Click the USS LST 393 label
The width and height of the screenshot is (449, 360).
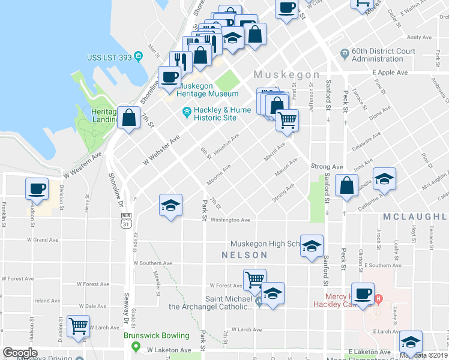click(x=109, y=57)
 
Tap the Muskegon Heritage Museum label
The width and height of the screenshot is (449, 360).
click(x=208, y=94)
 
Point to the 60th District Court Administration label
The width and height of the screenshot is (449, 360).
click(x=377, y=55)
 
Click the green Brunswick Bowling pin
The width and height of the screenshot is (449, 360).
click(x=136, y=347)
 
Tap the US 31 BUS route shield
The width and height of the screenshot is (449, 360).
click(x=125, y=220)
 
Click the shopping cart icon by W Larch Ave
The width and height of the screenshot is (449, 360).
click(x=79, y=326)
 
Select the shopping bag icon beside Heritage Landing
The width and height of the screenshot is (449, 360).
click(x=129, y=118)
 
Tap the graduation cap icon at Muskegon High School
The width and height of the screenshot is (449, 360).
click(x=312, y=246)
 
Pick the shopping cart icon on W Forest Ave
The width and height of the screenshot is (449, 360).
click(x=255, y=279)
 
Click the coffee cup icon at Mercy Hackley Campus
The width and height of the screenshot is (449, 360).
click(x=363, y=294)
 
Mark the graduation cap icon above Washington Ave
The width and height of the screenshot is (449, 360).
click(x=170, y=205)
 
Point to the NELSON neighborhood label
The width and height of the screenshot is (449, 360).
click(x=244, y=255)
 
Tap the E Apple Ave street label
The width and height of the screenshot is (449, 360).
click(x=390, y=72)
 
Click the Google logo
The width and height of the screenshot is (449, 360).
click(x=20, y=353)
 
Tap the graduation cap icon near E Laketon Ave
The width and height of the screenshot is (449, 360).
click(x=411, y=342)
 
